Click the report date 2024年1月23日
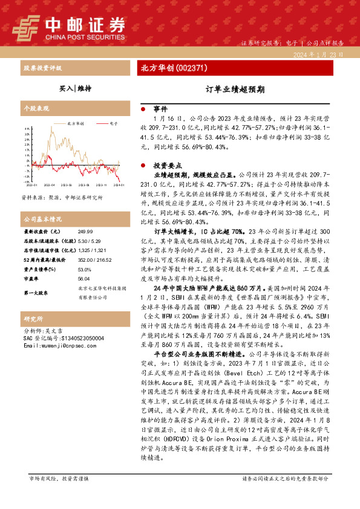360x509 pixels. point(318,54)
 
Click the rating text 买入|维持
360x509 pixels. point(75,88)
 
